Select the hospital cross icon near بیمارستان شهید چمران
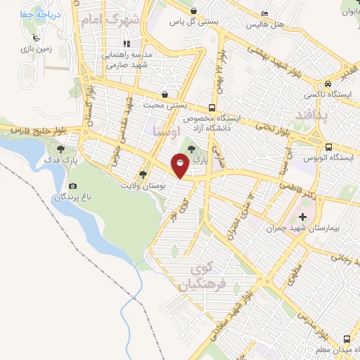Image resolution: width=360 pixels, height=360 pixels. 303,216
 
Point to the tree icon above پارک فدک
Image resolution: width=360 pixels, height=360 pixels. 62,150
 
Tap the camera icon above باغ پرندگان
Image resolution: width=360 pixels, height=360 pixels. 72,185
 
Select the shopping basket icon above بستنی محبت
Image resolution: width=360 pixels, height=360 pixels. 165,94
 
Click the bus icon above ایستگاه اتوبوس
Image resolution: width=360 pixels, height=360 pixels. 328,147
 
